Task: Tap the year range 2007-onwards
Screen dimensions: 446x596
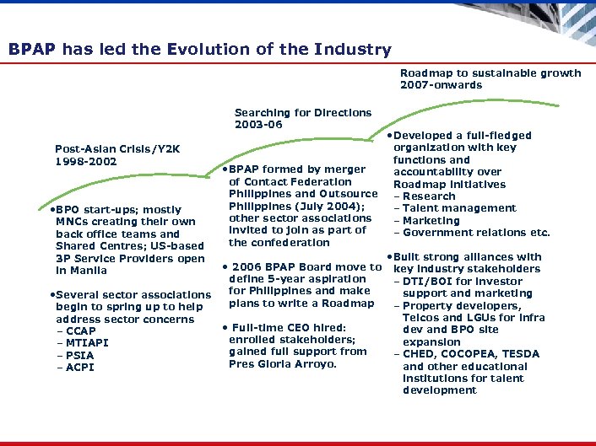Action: coord(441,85)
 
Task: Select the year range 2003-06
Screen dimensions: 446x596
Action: coord(258,125)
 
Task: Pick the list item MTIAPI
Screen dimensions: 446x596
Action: coord(86,343)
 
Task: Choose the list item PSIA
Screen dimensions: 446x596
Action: coord(79,356)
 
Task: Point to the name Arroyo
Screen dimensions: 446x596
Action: coord(312,364)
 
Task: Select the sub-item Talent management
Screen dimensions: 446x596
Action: coord(459,208)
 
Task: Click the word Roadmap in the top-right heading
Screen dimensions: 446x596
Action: coord(427,73)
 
